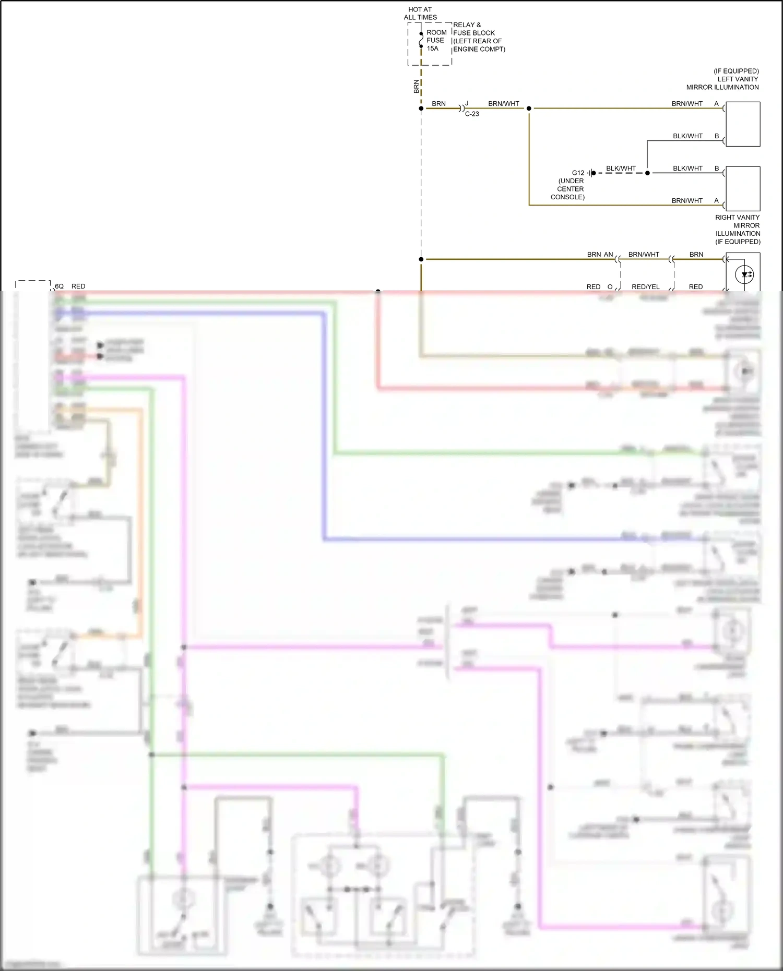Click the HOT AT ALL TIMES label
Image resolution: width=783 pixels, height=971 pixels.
coord(420,13)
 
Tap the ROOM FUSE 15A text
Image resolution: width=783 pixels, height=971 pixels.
coord(436,40)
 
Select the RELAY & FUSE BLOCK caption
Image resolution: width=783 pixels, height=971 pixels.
coord(479,37)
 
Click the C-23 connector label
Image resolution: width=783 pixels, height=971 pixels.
coord(472,114)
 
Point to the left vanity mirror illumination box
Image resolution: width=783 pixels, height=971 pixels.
coord(742,124)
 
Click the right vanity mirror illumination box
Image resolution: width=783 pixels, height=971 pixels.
coord(742,188)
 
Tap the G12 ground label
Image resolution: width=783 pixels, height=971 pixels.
coord(578,173)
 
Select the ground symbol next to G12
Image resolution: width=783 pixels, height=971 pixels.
coord(591,173)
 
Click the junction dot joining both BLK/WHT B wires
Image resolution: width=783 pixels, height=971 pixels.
coord(647,173)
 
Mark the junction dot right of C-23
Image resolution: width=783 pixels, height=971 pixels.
coord(529,109)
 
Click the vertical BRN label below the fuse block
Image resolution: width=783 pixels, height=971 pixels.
coord(416,87)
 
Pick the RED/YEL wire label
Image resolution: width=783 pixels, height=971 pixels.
coord(645,287)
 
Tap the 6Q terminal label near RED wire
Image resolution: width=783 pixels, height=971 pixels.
coord(60,286)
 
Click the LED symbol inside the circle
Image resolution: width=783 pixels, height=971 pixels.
coord(745,274)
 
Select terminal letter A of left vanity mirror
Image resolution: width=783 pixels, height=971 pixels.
coord(716,104)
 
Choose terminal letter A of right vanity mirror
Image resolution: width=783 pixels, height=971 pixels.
coord(716,201)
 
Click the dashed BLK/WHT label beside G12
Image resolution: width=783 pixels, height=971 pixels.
coord(621,169)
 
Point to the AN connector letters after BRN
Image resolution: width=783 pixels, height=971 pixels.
coord(608,255)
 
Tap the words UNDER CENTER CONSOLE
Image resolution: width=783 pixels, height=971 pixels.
coord(570,189)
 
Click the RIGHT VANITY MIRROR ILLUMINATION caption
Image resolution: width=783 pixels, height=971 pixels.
coord(738,230)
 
